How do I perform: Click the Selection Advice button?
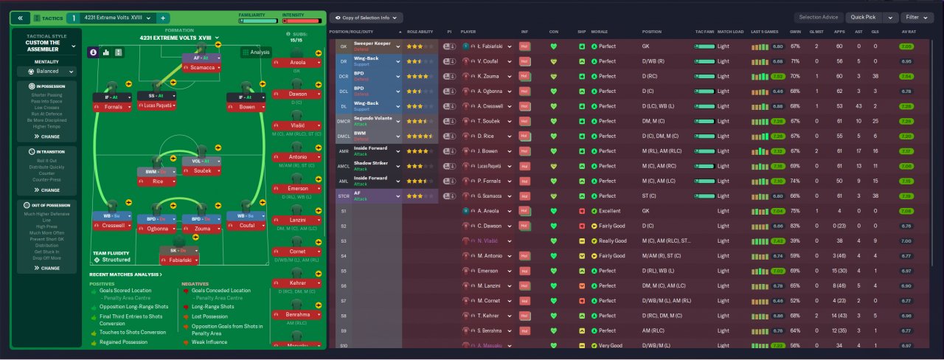(819, 17)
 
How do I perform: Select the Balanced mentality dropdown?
(46, 72)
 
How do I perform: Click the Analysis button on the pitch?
(256, 52)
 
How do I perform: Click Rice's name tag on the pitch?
(157, 181)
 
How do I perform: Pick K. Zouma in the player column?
(490, 76)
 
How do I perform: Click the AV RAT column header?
(908, 32)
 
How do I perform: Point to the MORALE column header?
(600, 32)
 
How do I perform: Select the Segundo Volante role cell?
(376, 121)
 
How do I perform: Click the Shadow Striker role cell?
(376, 166)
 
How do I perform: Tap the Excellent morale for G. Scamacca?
(609, 196)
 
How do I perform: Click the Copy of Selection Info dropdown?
(367, 17)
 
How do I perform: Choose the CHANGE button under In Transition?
(46, 190)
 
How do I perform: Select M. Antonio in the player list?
(492, 256)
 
